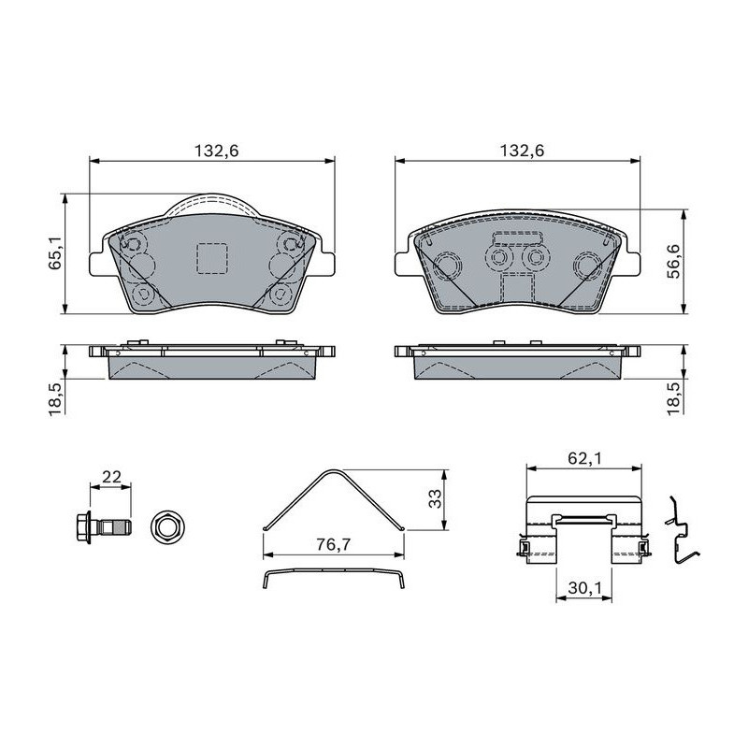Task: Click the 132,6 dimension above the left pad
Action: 216,151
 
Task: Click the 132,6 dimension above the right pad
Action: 522,151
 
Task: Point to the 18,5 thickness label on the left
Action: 55,398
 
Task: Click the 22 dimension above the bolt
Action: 111,477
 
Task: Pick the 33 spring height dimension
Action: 435,499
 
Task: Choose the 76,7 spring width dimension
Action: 334,544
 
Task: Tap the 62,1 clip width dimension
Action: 585,458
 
